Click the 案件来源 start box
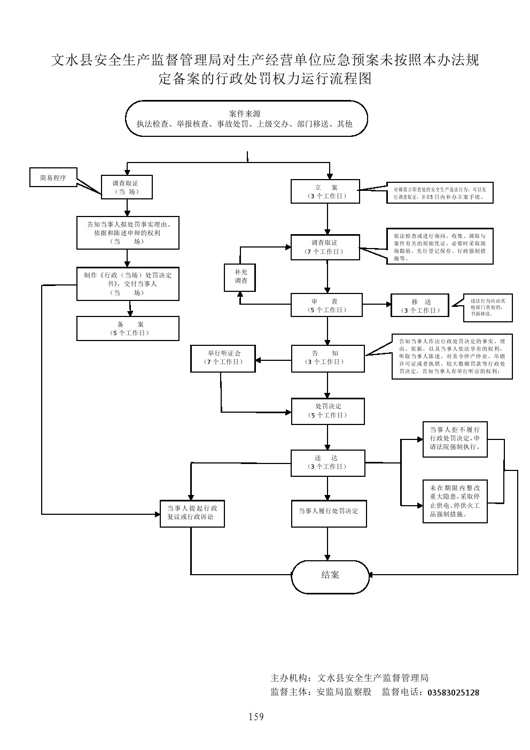click(246, 119)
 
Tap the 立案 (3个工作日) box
click(326, 191)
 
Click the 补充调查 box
click(240, 276)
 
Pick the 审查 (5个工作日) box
click(326, 305)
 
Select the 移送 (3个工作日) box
click(421, 306)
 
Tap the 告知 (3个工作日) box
click(328, 358)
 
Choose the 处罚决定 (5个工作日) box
click(328, 411)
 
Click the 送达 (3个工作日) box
click(328, 462)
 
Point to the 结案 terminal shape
click(330, 576)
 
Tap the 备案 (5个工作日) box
click(128, 328)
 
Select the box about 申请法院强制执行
click(455, 438)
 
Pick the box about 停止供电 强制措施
click(455, 501)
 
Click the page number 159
click(256, 717)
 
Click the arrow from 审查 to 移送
click(377, 305)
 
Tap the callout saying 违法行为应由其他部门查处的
click(484, 308)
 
